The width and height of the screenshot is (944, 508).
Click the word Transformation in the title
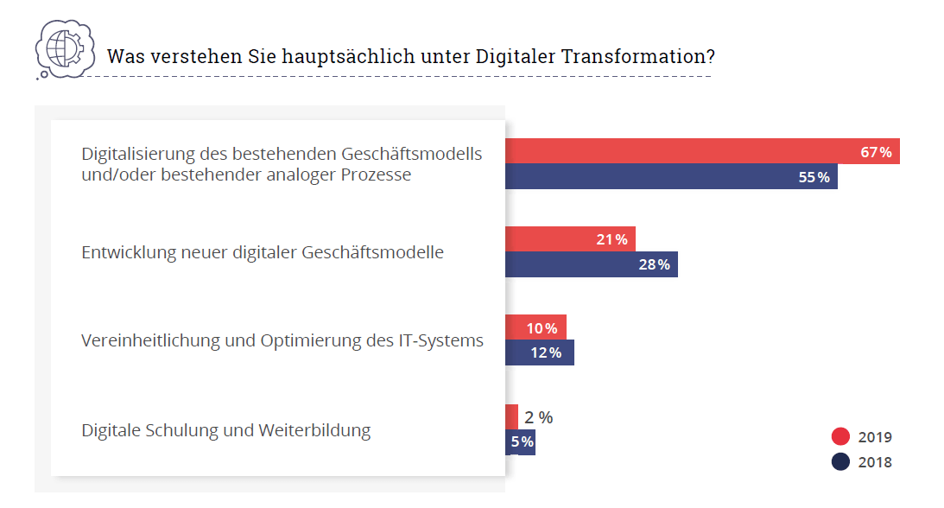click(637, 57)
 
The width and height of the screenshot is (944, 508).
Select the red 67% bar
click(701, 151)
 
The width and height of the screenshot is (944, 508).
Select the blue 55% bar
click(670, 177)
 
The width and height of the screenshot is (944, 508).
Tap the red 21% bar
click(570, 239)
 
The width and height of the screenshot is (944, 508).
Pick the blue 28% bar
click(591, 264)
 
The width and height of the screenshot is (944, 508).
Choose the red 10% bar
click(535, 327)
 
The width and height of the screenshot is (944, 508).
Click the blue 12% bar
click(539, 352)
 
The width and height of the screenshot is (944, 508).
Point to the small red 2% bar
click(511, 416)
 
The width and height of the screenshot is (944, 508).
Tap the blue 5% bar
click(520, 442)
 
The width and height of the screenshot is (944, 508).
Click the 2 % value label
click(539, 417)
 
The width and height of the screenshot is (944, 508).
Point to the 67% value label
click(876, 152)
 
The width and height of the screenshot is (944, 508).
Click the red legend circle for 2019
click(840, 437)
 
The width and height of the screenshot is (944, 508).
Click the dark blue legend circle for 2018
click(840, 462)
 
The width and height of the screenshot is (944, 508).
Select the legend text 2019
click(875, 438)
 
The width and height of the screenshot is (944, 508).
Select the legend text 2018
click(875, 463)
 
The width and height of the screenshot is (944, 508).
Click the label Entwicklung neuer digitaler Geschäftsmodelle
click(263, 253)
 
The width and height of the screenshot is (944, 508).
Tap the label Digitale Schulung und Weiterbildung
click(225, 430)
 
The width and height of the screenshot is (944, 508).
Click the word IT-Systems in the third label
click(440, 340)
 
